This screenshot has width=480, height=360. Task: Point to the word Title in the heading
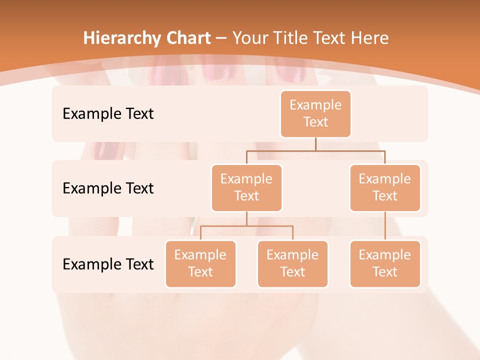[x=295, y=38]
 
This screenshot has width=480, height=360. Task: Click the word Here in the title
[x=370, y=38]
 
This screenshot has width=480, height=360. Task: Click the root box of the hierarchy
[x=315, y=113]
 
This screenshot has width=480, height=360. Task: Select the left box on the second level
[x=246, y=187]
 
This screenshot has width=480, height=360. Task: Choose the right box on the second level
[x=385, y=187]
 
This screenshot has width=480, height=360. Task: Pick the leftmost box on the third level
[x=200, y=263]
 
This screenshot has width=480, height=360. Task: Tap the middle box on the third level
[x=292, y=263]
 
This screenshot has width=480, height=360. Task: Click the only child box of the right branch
[x=385, y=263]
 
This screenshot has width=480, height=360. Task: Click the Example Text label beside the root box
[x=108, y=114]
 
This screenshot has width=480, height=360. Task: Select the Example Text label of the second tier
[x=108, y=188]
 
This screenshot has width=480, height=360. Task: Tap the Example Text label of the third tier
[x=108, y=264]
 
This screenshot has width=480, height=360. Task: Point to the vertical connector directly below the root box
[x=315, y=144]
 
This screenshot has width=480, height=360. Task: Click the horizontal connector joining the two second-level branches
[x=315, y=150]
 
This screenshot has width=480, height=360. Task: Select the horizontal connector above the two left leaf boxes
[x=246, y=226]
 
